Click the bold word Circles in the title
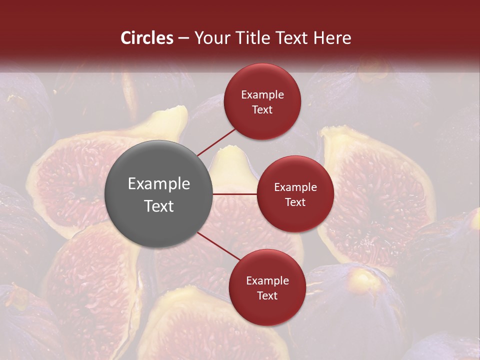147,38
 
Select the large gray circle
159,194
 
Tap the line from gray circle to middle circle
235,193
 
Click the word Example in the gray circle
159,184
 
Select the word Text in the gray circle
159,206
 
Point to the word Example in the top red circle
262,95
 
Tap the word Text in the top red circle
262,109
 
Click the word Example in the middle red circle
295,187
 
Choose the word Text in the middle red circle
295,202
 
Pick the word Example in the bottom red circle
267,281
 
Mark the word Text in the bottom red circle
267,295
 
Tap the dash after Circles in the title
183,38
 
